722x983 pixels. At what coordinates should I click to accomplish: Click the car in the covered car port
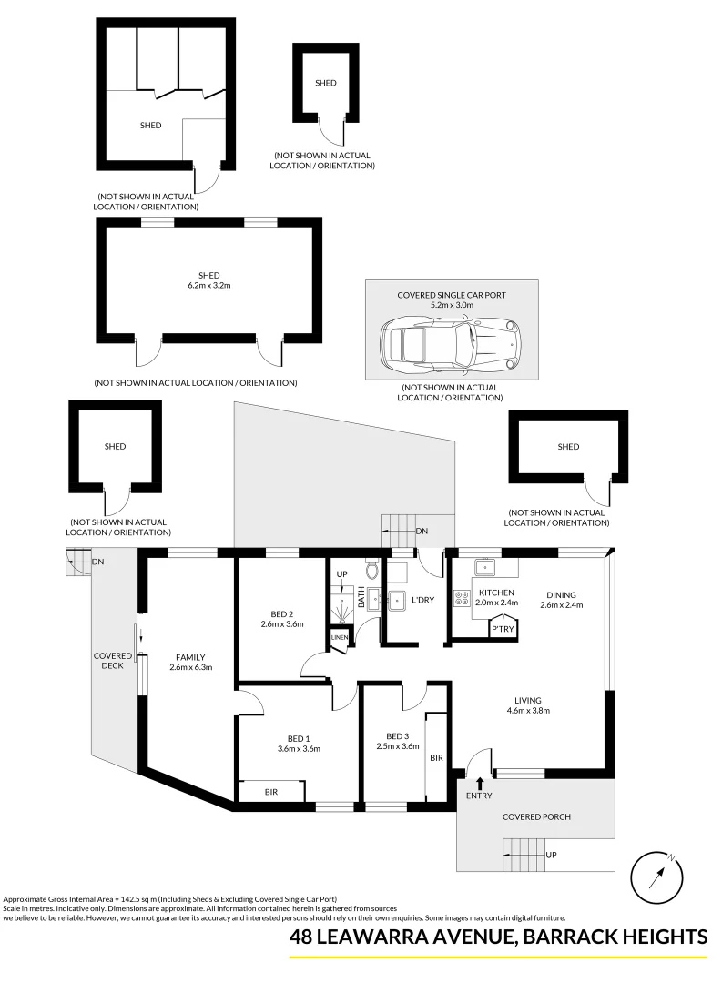tap(451, 345)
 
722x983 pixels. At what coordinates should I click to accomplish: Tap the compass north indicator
tap(656, 876)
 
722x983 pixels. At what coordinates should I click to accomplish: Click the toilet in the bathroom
tap(371, 571)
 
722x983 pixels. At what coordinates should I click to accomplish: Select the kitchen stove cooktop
tap(460, 599)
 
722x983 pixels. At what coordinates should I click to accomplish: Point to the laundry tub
tap(396, 600)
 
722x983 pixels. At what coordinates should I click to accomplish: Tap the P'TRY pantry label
tap(502, 628)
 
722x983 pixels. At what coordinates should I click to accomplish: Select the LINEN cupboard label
tap(339, 637)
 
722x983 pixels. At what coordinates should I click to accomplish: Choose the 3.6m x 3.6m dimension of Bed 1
tap(299, 748)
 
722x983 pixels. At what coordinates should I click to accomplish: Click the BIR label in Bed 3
tap(436, 756)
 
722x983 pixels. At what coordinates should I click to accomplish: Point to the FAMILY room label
tap(190, 656)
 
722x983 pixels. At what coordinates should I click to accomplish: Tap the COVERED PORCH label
tap(537, 816)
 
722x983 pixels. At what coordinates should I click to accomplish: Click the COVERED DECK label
tap(114, 662)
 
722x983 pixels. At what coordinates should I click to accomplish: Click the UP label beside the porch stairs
tap(551, 855)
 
